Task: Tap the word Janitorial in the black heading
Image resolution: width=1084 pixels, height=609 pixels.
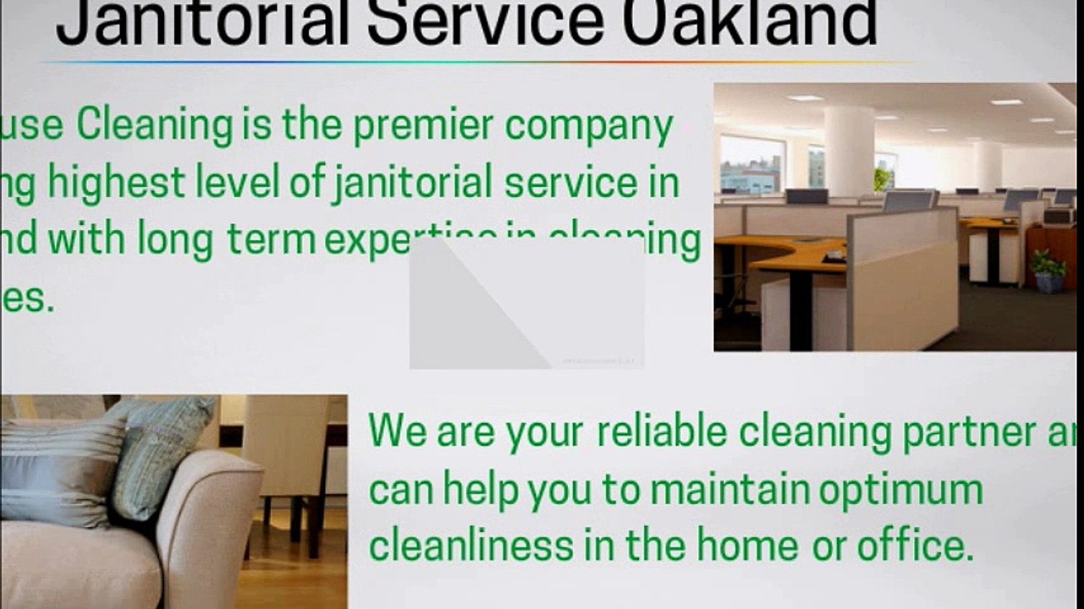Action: [x=203, y=24]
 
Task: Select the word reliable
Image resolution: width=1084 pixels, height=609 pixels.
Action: [x=661, y=431]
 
